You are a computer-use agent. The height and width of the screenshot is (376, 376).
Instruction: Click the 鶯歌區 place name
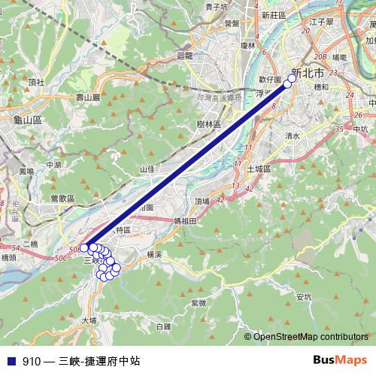(62, 198)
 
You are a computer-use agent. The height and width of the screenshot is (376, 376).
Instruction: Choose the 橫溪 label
(154, 255)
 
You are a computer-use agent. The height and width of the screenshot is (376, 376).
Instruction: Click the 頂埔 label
(202, 201)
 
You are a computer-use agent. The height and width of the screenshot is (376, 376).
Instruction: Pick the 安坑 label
(304, 297)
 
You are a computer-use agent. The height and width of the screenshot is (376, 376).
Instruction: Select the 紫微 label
(199, 302)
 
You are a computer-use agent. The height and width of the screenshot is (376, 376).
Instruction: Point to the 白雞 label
(162, 326)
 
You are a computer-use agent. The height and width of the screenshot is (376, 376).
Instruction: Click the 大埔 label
(89, 320)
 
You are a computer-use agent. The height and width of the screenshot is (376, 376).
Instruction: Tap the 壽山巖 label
(88, 98)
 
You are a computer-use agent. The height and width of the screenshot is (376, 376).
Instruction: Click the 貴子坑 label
(217, 7)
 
